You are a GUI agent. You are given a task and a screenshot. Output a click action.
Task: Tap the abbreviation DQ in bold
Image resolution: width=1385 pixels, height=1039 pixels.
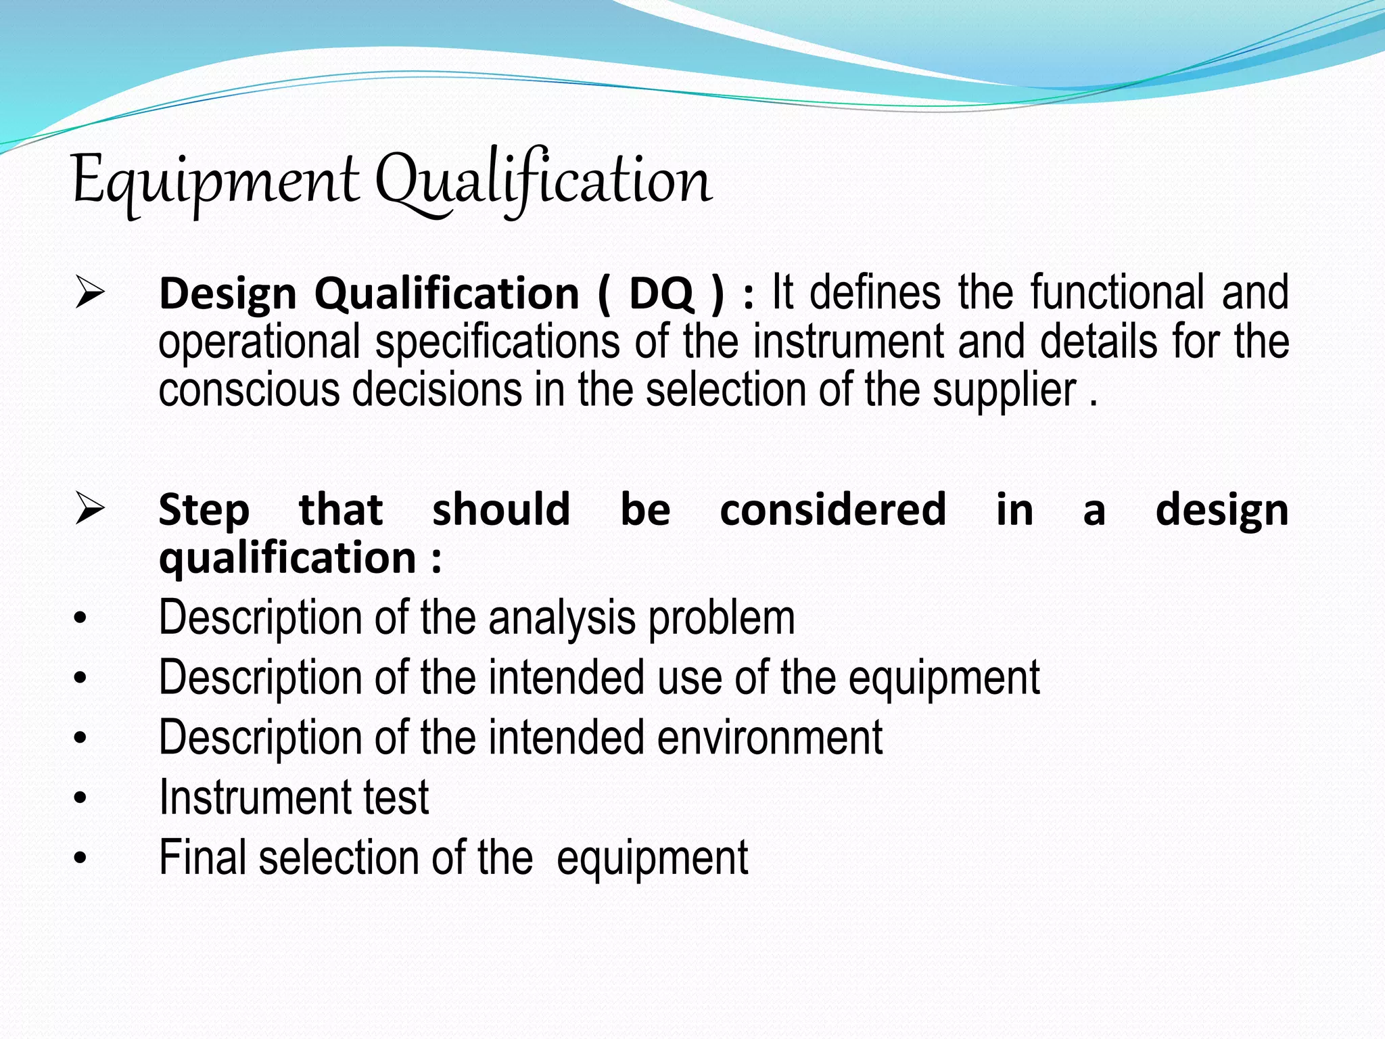point(661,294)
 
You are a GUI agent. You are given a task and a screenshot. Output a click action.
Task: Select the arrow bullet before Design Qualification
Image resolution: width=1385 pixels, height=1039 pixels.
point(90,293)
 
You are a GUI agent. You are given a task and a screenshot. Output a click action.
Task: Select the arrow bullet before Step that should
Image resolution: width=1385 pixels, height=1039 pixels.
point(90,509)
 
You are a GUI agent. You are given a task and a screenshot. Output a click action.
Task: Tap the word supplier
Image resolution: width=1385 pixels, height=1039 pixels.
point(1005,391)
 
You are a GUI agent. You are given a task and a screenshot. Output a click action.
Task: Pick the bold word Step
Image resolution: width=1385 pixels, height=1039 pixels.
point(204,510)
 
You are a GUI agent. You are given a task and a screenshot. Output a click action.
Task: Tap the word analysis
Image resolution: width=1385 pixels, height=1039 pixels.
point(562,618)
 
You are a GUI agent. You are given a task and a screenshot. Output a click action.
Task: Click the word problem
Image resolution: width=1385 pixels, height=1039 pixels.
point(722,618)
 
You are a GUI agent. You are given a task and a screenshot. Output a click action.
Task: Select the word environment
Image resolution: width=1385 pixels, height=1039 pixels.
point(770,737)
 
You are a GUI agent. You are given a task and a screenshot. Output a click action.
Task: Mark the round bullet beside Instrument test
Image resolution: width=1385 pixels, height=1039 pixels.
point(80,799)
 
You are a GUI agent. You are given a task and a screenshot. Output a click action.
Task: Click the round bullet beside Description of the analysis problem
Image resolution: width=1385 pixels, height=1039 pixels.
point(80,619)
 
